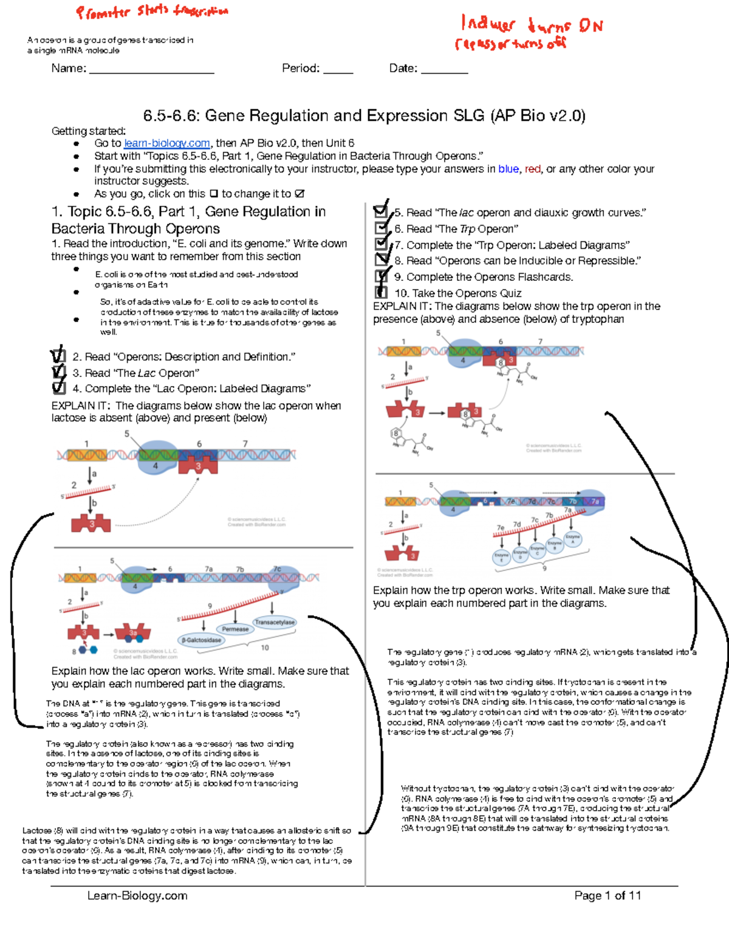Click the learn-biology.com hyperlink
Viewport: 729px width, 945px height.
[167, 144]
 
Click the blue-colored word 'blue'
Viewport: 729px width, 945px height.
[508, 169]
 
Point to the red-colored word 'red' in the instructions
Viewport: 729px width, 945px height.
[532, 169]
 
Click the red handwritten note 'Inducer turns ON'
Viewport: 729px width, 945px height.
[532, 25]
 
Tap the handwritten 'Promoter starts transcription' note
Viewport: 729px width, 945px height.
[152, 12]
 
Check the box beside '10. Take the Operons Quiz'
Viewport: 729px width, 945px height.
[382, 292]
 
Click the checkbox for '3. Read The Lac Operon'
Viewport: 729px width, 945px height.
[59, 372]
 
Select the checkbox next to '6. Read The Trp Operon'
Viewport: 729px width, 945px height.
[381, 228]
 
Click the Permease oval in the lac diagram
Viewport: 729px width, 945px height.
[235, 629]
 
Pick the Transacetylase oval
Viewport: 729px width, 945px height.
[275, 622]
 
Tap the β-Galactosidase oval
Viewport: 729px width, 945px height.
[202, 640]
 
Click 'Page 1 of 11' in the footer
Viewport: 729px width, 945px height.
[607, 896]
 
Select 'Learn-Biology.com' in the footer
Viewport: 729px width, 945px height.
[137, 896]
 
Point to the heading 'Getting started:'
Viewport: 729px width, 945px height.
[89, 131]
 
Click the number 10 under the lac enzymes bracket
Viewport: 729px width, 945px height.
[265, 648]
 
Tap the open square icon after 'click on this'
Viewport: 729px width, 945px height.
[214, 194]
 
